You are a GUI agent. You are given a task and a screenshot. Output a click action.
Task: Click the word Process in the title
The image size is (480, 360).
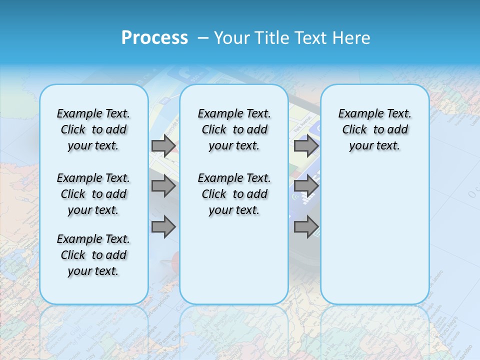[x=154, y=38]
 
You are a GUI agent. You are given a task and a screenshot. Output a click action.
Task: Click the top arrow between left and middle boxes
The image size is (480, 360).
[x=163, y=146]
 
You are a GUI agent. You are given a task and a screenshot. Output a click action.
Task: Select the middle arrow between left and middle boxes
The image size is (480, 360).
[x=163, y=186]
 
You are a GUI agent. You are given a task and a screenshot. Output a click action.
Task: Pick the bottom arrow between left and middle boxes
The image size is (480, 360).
[x=163, y=227]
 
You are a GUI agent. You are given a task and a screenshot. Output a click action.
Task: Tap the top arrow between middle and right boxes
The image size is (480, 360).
[x=306, y=146]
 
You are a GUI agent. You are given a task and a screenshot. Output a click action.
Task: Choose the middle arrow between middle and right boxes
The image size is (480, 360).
[x=306, y=186]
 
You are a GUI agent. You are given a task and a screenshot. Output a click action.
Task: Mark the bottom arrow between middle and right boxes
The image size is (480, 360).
[x=306, y=227]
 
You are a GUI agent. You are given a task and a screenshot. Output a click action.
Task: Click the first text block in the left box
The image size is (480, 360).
[x=93, y=129]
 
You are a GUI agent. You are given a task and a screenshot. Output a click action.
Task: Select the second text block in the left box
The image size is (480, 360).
[x=93, y=194]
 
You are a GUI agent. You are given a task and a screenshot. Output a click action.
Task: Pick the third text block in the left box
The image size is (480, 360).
[x=93, y=255]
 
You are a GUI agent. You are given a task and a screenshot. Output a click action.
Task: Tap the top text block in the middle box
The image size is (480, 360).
[x=234, y=129]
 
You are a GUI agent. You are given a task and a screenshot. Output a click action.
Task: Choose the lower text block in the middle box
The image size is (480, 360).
[x=234, y=194]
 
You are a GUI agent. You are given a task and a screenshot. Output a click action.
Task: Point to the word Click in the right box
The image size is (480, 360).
[x=354, y=130]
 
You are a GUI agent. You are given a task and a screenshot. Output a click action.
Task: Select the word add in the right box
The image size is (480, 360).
[x=397, y=130]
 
